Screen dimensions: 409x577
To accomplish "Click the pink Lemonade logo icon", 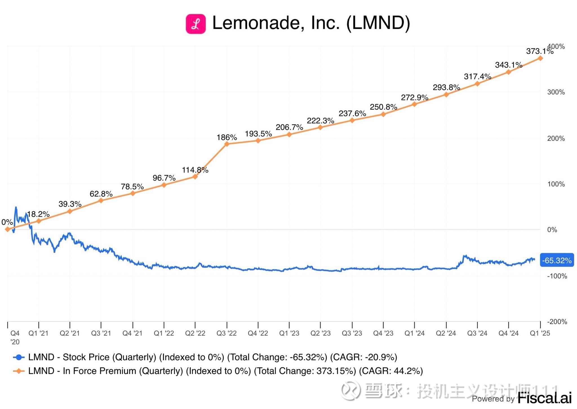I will point(196,24).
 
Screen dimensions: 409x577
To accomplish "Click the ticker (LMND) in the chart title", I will point(378,23).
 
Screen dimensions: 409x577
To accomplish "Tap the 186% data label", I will point(227,137).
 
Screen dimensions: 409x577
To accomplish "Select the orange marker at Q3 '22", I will point(227,144).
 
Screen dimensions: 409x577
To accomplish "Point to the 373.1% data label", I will point(539,51).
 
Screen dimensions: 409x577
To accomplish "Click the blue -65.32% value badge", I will point(557,260).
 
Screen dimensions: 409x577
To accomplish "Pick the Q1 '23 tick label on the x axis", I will point(289,333).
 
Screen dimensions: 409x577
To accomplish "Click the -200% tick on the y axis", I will point(557,321).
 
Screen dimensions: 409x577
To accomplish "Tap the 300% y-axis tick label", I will point(556,92).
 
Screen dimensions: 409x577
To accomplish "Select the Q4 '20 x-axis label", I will point(15,337).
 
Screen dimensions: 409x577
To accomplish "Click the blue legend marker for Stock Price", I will point(19,357).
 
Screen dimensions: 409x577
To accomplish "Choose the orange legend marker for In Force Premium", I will point(19,371).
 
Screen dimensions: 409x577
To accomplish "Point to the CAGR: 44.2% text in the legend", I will point(391,371).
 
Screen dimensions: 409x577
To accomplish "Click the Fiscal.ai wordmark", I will point(544,398).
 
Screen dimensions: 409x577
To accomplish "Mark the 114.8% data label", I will point(195,170).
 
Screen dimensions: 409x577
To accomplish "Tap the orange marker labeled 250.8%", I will point(383,114).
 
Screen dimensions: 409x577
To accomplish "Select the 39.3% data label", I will point(70,204).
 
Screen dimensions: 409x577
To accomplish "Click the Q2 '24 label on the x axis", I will point(446,333).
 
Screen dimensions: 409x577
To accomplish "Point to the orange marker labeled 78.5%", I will point(133,193).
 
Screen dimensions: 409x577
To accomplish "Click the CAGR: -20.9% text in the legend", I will point(363,357).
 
